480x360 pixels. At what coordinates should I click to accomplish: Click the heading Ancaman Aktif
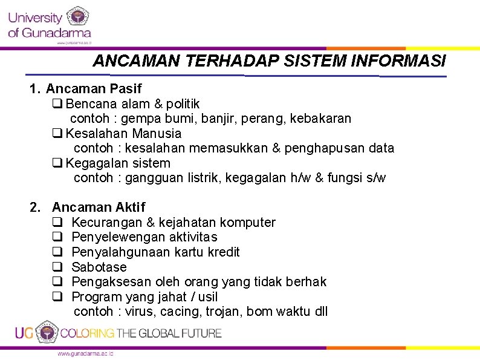99,208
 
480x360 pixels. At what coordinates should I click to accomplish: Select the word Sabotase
99,267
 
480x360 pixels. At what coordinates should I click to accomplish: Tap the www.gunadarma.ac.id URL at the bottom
86,353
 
